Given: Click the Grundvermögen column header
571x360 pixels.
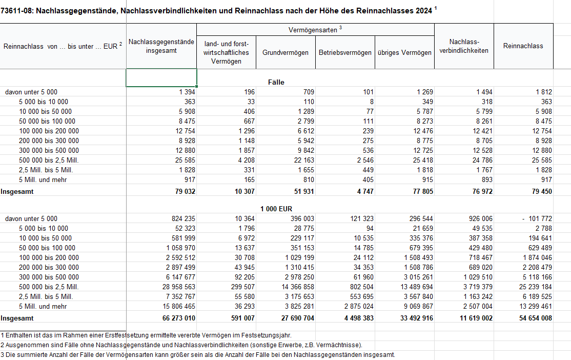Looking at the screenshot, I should click(x=285, y=52).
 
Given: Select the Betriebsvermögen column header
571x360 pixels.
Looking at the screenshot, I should click(x=345, y=52).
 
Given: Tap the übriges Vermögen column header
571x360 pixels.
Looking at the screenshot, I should click(x=404, y=52).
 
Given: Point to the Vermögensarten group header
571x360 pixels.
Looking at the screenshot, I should click(x=315, y=30).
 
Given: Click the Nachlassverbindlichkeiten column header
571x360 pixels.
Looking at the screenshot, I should click(x=463, y=46).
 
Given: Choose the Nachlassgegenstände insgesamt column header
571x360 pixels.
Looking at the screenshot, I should click(x=161, y=46).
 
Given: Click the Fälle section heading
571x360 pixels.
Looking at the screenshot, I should click(x=276, y=82).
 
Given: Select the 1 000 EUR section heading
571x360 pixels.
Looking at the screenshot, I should click(x=276, y=209).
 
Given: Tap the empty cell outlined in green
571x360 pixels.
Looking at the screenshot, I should click(x=161, y=77).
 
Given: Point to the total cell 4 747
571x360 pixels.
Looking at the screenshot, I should click(x=362, y=191).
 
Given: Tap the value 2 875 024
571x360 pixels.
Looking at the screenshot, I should click(x=356, y=306).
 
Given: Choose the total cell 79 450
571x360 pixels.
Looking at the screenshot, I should click(x=540, y=191).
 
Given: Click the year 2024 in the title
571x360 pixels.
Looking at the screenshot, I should click(x=423, y=10).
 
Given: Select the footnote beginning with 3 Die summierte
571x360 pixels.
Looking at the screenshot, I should click(x=198, y=354).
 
